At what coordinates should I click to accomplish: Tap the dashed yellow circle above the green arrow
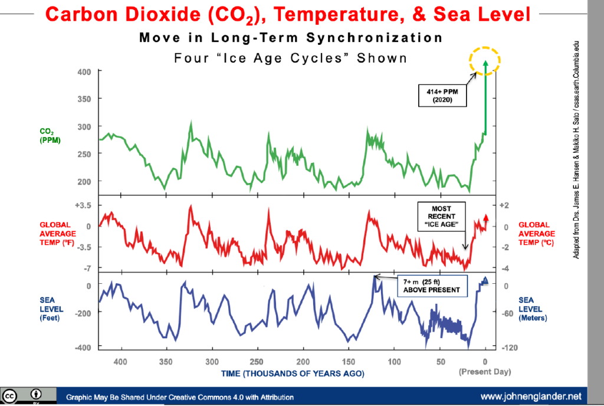(485, 60)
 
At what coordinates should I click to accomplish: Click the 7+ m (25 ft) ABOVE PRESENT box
(430, 286)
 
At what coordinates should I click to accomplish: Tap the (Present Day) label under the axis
(485, 372)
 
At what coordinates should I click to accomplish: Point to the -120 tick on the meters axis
(509, 348)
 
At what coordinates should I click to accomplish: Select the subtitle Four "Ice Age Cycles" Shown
(291, 58)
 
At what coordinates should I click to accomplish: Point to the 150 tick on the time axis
(348, 362)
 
